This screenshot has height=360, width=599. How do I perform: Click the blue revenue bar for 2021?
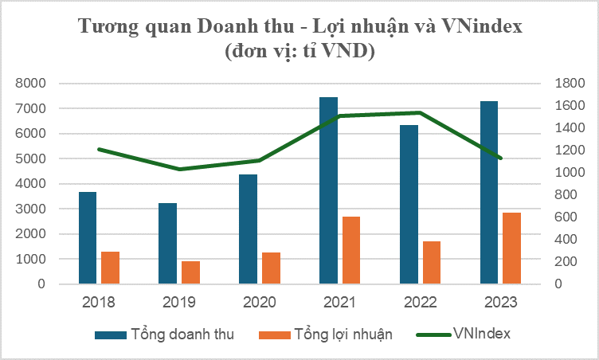coord(328,191)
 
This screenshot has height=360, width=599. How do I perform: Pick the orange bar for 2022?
coord(432,263)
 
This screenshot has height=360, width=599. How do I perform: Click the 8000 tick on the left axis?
coord(31,83)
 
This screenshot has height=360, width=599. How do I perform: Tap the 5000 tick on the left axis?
coord(31,158)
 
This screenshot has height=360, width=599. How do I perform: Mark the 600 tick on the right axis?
coord(563,217)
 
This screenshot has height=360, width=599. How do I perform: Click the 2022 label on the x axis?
coord(419,303)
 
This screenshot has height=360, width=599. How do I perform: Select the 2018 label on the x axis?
coord(99,303)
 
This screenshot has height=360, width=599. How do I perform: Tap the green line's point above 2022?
coord(420,112)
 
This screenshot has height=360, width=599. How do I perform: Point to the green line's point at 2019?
coord(179,169)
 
